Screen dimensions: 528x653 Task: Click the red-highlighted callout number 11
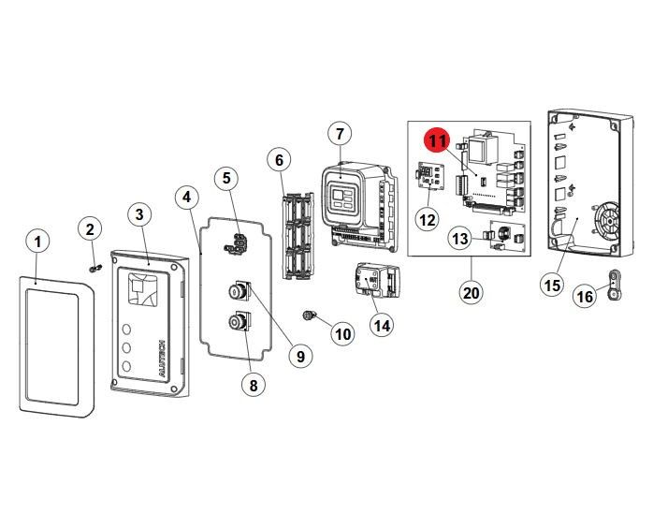[438, 141]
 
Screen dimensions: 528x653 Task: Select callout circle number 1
[36, 242]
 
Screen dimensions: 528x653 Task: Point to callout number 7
[339, 134]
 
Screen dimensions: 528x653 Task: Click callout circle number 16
[585, 296]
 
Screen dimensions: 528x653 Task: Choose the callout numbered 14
[381, 325]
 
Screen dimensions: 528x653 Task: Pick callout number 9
[300, 356]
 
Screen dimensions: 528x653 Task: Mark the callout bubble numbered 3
[138, 215]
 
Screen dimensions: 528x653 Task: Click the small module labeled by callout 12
[428, 178]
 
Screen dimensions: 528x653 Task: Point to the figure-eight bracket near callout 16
[613, 281]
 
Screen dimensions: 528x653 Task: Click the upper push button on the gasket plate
[238, 291]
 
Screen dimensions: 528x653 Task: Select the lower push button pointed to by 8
[238, 324]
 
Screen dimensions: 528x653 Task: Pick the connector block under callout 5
[235, 243]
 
